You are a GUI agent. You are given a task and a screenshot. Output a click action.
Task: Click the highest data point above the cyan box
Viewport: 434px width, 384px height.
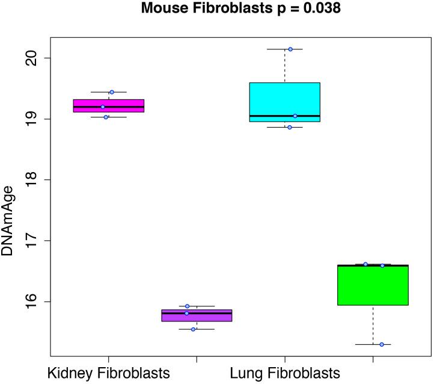(x=290, y=49)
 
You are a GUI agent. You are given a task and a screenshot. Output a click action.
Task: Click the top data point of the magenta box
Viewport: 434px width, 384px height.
(x=112, y=92)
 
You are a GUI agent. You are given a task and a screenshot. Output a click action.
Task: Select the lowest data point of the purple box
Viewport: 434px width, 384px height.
(x=193, y=329)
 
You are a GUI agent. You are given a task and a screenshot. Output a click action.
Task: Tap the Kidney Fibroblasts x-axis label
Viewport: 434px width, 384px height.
(x=108, y=373)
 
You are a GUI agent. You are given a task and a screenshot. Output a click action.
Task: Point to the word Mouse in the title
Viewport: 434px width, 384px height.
(x=162, y=9)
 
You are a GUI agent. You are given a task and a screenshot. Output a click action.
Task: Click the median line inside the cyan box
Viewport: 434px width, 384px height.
(x=284, y=116)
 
